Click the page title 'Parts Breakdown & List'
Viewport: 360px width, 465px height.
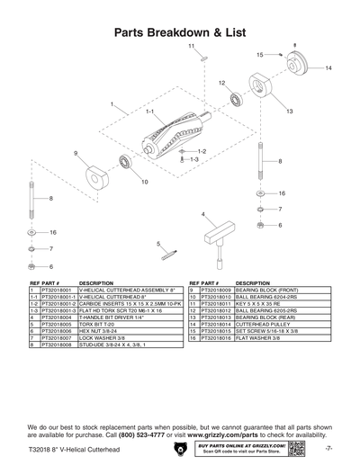click(x=180, y=31)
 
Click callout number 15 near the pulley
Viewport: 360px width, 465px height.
click(x=259, y=55)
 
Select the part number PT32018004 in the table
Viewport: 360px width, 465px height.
click(x=58, y=317)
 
